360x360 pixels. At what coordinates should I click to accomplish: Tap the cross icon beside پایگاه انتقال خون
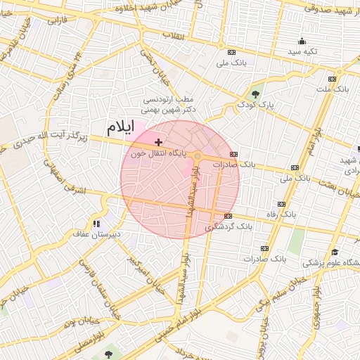[158, 142]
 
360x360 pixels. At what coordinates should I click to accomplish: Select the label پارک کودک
[255, 105]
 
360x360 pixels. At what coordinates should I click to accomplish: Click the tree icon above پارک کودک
[255, 94]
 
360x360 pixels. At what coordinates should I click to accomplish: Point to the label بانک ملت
[332, 89]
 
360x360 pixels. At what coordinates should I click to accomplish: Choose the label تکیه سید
[302, 52]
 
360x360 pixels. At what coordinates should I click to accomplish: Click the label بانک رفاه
[281, 215]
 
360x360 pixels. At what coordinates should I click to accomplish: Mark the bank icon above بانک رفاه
[282, 205]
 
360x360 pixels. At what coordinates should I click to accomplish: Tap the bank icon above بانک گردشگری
[228, 216]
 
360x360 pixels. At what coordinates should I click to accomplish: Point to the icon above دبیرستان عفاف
[96, 224]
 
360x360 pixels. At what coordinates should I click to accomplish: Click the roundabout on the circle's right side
[199, 156]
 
